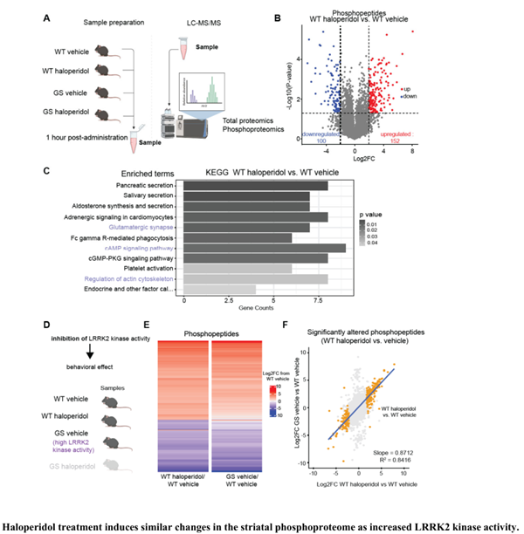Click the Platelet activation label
click(x=145, y=269)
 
